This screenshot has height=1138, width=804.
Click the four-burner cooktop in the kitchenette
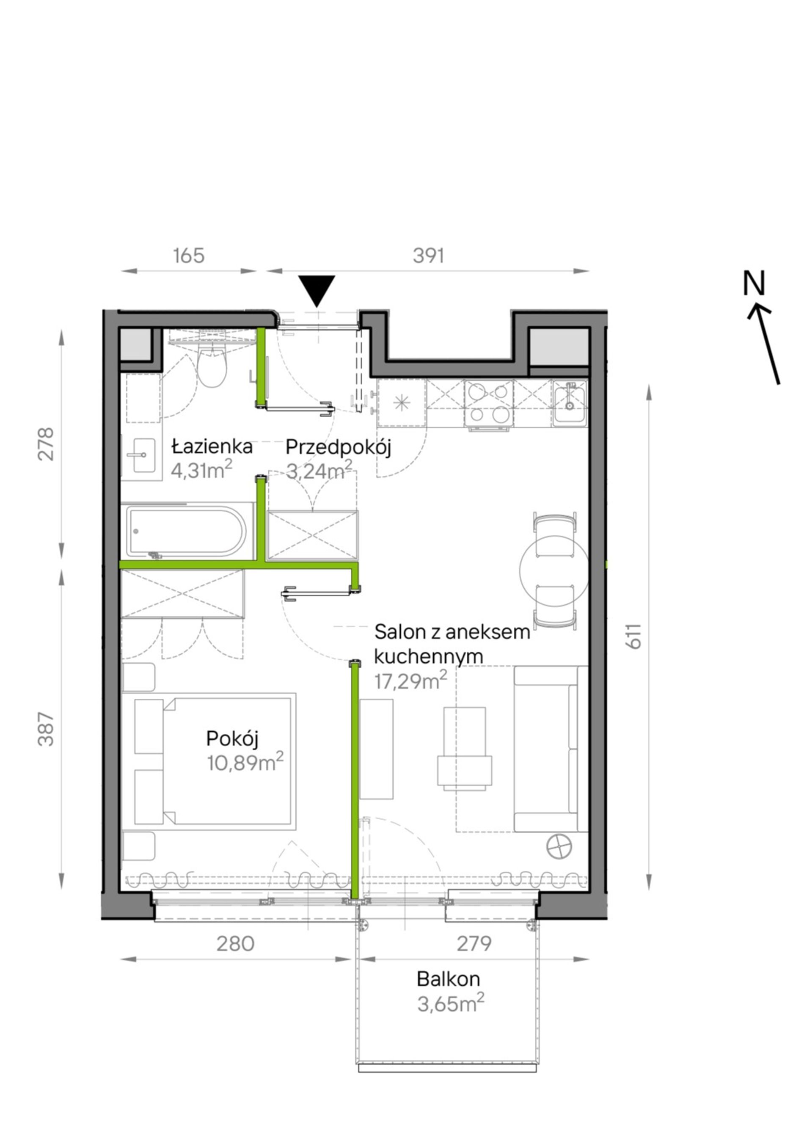coord(489,403)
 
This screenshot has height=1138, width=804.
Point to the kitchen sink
coord(570,403)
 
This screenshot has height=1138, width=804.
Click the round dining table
coord(553,570)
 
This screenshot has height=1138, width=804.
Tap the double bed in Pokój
coord(215,761)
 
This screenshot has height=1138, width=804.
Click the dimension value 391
coord(428,256)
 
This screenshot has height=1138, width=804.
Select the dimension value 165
coord(189,256)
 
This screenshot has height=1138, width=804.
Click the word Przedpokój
coord(339,448)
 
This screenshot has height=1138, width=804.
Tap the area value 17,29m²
coord(410,681)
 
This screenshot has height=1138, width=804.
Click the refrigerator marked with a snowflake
coord(401,403)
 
